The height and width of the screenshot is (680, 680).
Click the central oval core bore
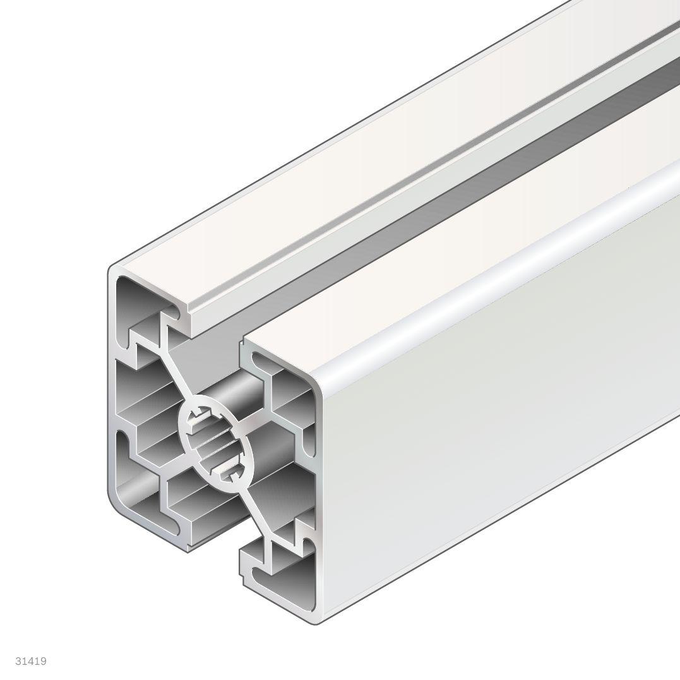coord(215,436)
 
